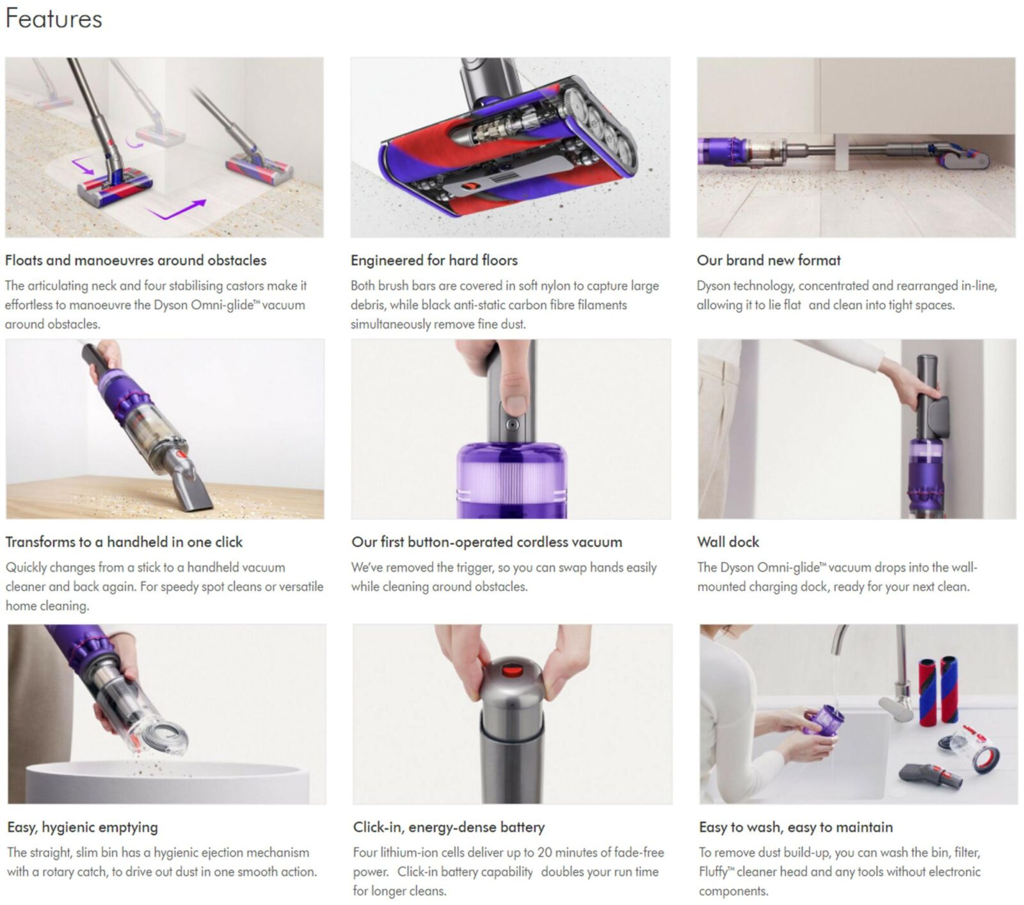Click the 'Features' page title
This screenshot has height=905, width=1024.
[54, 19]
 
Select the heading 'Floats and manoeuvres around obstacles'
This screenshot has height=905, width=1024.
[136, 260]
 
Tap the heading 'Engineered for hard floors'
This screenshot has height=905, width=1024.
[434, 260]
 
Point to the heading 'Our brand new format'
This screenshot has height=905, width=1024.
[769, 260]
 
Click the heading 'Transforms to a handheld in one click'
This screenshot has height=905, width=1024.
[124, 542]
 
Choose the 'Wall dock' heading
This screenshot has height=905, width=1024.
[728, 542]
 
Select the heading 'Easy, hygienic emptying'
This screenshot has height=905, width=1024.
[83, 827]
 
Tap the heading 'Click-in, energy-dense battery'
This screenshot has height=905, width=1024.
[449, 827]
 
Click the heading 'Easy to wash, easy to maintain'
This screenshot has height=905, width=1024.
[796, 827]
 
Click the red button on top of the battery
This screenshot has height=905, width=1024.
[510, 671]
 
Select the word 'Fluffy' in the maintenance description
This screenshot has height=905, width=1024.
[712, 872]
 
